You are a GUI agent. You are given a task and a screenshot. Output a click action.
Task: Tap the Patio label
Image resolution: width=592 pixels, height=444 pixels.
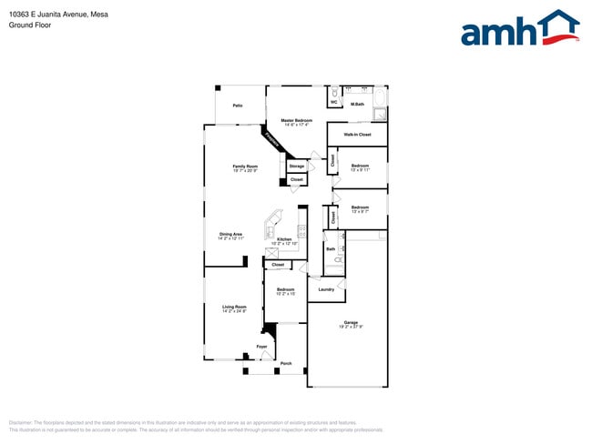coord(238,106)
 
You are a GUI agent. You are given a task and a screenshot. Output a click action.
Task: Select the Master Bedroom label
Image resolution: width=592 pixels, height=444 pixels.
coord(296,121)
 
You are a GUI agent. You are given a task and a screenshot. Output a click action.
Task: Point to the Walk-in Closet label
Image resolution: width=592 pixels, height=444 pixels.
coord(357,135)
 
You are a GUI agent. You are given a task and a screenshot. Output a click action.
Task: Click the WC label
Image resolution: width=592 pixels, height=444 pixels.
coord(333,103)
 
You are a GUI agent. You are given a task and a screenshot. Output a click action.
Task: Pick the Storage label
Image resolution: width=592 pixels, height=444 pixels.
coord(296,166)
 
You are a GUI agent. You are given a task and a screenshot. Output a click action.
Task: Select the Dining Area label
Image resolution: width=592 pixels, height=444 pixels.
coord(231,234)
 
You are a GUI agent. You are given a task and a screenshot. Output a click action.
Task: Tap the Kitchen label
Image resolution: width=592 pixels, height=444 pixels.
coord(284,239)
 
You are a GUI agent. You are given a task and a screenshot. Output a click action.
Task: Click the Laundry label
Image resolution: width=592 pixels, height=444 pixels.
coord(325,289)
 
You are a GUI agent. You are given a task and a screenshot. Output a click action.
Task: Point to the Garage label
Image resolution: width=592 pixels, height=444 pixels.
coord(351,323)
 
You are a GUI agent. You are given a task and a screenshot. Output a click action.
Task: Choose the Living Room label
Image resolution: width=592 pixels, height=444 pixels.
coord(234,307)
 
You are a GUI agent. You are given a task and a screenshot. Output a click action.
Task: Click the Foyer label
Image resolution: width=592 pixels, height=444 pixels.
coord(261,348)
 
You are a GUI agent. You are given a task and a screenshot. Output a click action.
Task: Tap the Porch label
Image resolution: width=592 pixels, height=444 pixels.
coord(286,363)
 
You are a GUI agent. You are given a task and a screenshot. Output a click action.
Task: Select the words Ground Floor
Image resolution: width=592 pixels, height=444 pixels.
coord(30,25)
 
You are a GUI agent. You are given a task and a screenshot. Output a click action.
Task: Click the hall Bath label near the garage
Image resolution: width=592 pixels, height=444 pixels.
coord(330,248)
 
